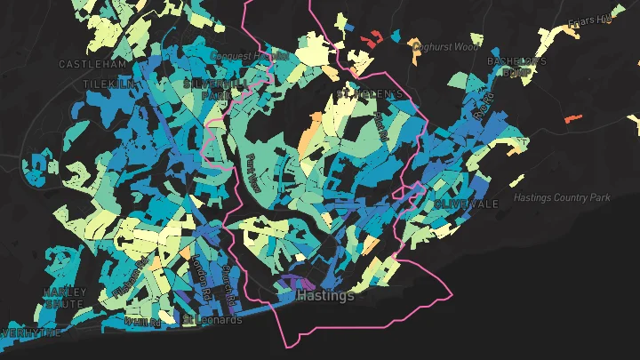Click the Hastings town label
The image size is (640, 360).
324,295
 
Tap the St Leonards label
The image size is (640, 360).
212,319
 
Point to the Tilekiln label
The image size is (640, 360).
108,84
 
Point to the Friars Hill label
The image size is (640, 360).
590,20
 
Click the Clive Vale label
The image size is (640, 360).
467,204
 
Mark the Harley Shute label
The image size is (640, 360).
65,298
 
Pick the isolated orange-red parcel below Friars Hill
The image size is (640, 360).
572,116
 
